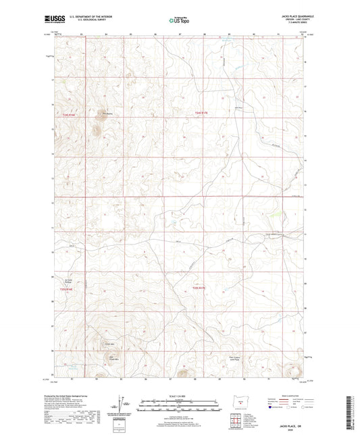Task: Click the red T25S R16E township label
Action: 63,289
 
